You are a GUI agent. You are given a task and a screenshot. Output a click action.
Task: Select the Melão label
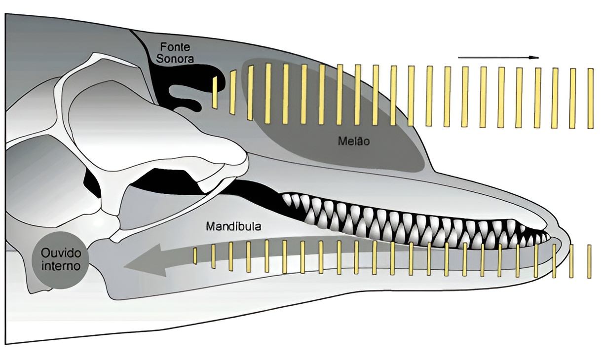click(354, 142)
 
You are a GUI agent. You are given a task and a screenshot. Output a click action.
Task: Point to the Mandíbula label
click(233, 227)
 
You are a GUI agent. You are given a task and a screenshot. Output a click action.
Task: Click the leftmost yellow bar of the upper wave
click(215, 92)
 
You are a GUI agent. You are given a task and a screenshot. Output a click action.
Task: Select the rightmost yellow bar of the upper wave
click(591, 99)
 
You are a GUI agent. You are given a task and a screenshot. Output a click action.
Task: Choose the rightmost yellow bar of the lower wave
click(589, 261)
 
